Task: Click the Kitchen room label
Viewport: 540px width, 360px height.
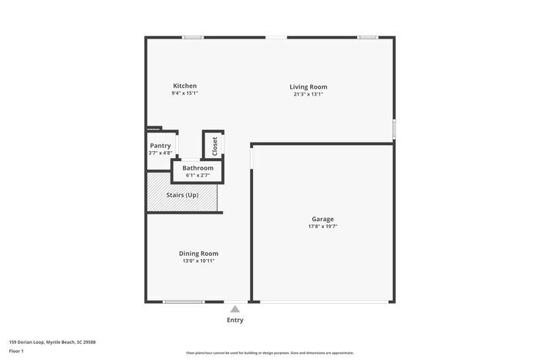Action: click(x=184, y=86)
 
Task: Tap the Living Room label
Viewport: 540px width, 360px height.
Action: click(x=308, y=87)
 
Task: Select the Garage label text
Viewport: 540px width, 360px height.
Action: click(x=322, y=219)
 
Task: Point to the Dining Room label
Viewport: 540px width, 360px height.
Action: click(x=198, y=254)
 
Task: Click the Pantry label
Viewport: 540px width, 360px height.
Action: click(x=160, y=146)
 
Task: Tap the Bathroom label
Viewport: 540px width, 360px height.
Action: click(x=197, y=168)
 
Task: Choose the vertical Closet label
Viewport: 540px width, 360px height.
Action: click(x=214, y=146)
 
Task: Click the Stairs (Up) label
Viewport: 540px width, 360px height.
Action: click(x=182, y=195)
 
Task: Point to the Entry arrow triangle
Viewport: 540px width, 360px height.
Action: click(x=235, y=309)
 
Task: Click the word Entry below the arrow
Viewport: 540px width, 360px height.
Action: click(x=235, y=320)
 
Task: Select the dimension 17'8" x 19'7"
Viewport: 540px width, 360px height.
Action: click(x=322, y=227)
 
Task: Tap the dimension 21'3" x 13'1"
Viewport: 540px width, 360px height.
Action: click(x=308, y=95)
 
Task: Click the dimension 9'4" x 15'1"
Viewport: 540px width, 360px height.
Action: click(x=184, y=93)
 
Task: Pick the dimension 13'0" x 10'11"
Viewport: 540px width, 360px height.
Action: click(x=198, y=261)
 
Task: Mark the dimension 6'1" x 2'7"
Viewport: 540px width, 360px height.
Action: click(x=197, y=175)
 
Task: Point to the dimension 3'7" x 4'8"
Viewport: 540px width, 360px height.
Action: click(x=160, y=153)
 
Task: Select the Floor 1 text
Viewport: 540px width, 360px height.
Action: click(x=16, y=352)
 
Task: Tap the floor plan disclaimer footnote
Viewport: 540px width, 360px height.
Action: click(x=269, y=352)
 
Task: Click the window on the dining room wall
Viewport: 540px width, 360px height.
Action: click(x=184, y=301)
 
